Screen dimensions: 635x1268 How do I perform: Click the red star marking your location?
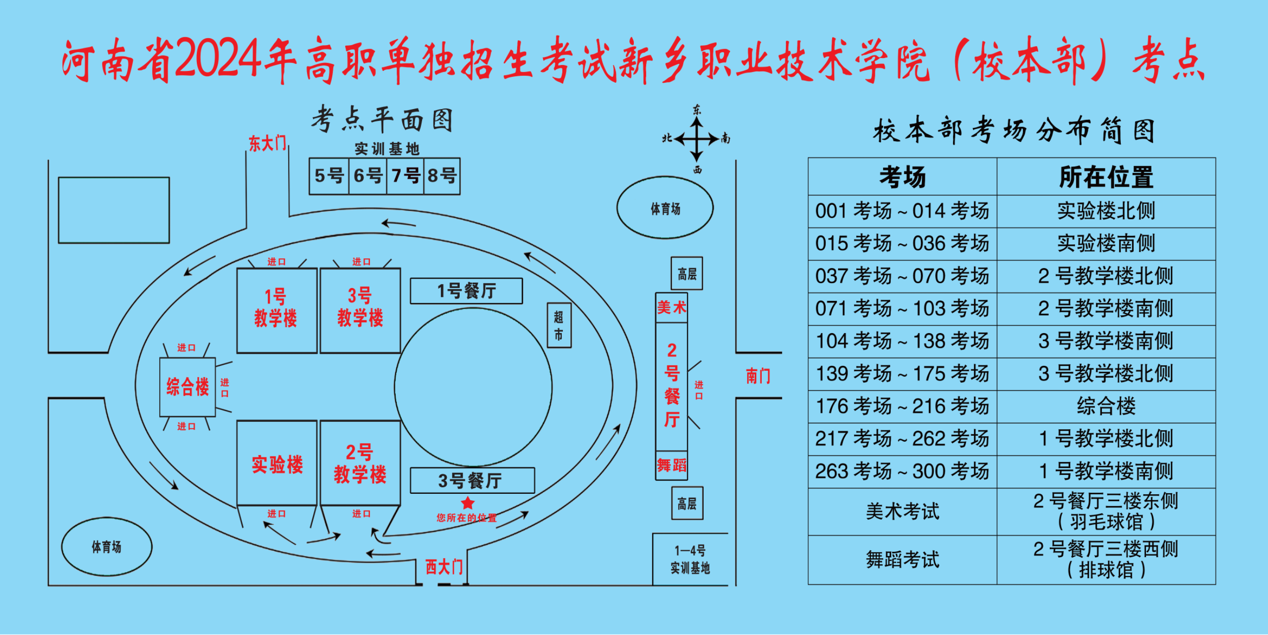pyautogui.click(x=468, y=503)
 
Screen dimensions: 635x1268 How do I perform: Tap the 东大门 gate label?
pyautogui.click(x=267, y=144)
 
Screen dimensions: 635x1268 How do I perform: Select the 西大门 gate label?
pyautogui.click(x=444, y=567)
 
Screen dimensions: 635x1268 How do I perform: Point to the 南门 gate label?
pyautogui.click(x=758, y=376)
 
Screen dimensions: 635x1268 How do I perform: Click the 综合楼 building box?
pyautogui.click(x=187, y=387)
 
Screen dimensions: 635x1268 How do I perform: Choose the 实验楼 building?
pyautogui.click(x=277, y=463)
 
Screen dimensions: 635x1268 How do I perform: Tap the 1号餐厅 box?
pyautogui.click(x=466, y=291)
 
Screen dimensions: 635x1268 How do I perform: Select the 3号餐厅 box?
pyautogui.click(x=472, y=480)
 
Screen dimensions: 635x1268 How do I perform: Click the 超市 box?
pyautogui.click(x=559, y=325)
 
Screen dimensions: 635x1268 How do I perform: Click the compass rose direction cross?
pyautogui.click(x=697, y=139)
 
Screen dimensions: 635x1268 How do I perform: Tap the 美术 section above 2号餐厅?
pyautogui.click(x=671, y=308)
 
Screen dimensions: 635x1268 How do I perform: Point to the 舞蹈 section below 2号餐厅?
pyautogui.click(x=671, y=465)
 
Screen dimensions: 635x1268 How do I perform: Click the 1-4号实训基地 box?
pyautogui.click(x=690, y=559)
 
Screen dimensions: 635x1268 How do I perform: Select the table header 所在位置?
pyautogui.click(x=1106, y=177)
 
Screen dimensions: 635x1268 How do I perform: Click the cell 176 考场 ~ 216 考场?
pyautogui.click(x=902, y=406)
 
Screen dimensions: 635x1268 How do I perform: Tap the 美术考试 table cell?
pyautogui.click(x=902, y=512)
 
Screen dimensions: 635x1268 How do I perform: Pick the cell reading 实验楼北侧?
pyautogui.click(x=1106, y=211)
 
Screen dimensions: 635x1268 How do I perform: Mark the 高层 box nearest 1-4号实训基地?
pyautogui.click(x=687, y=504)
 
